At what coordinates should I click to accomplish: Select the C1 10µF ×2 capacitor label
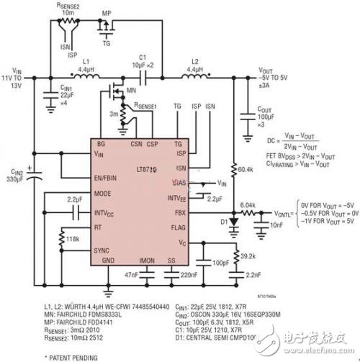141,61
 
